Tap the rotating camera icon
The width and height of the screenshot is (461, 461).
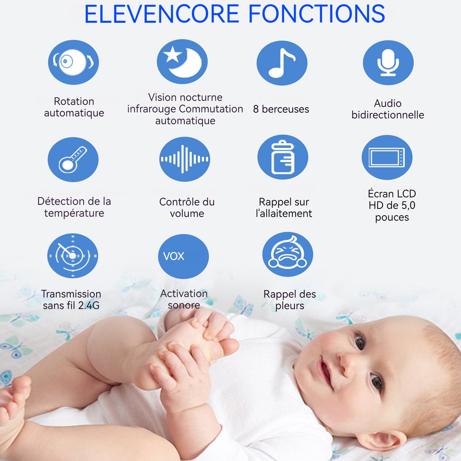point(73,62)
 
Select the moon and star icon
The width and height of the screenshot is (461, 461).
point(182,62)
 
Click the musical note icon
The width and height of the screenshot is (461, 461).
point(282,63)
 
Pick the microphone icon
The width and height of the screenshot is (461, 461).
point(388,63)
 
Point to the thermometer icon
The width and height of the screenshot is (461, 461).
point(73,159)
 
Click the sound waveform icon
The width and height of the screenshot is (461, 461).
point(185,159)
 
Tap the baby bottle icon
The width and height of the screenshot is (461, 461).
point(283,157)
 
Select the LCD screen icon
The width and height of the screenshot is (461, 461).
point(387,157)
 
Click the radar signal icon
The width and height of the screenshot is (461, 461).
point(73,256)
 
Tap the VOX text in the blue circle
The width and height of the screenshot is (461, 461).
point(173,256)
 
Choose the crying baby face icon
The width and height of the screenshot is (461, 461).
point(288,254)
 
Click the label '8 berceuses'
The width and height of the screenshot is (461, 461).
point(281,109)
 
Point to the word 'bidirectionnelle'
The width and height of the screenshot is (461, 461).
point(388,115)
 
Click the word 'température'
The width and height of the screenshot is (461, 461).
point(74,214)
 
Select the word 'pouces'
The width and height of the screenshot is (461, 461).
point(392,218)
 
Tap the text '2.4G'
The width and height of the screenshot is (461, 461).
point(89,305)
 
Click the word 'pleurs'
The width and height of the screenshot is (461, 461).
point(290,306)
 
